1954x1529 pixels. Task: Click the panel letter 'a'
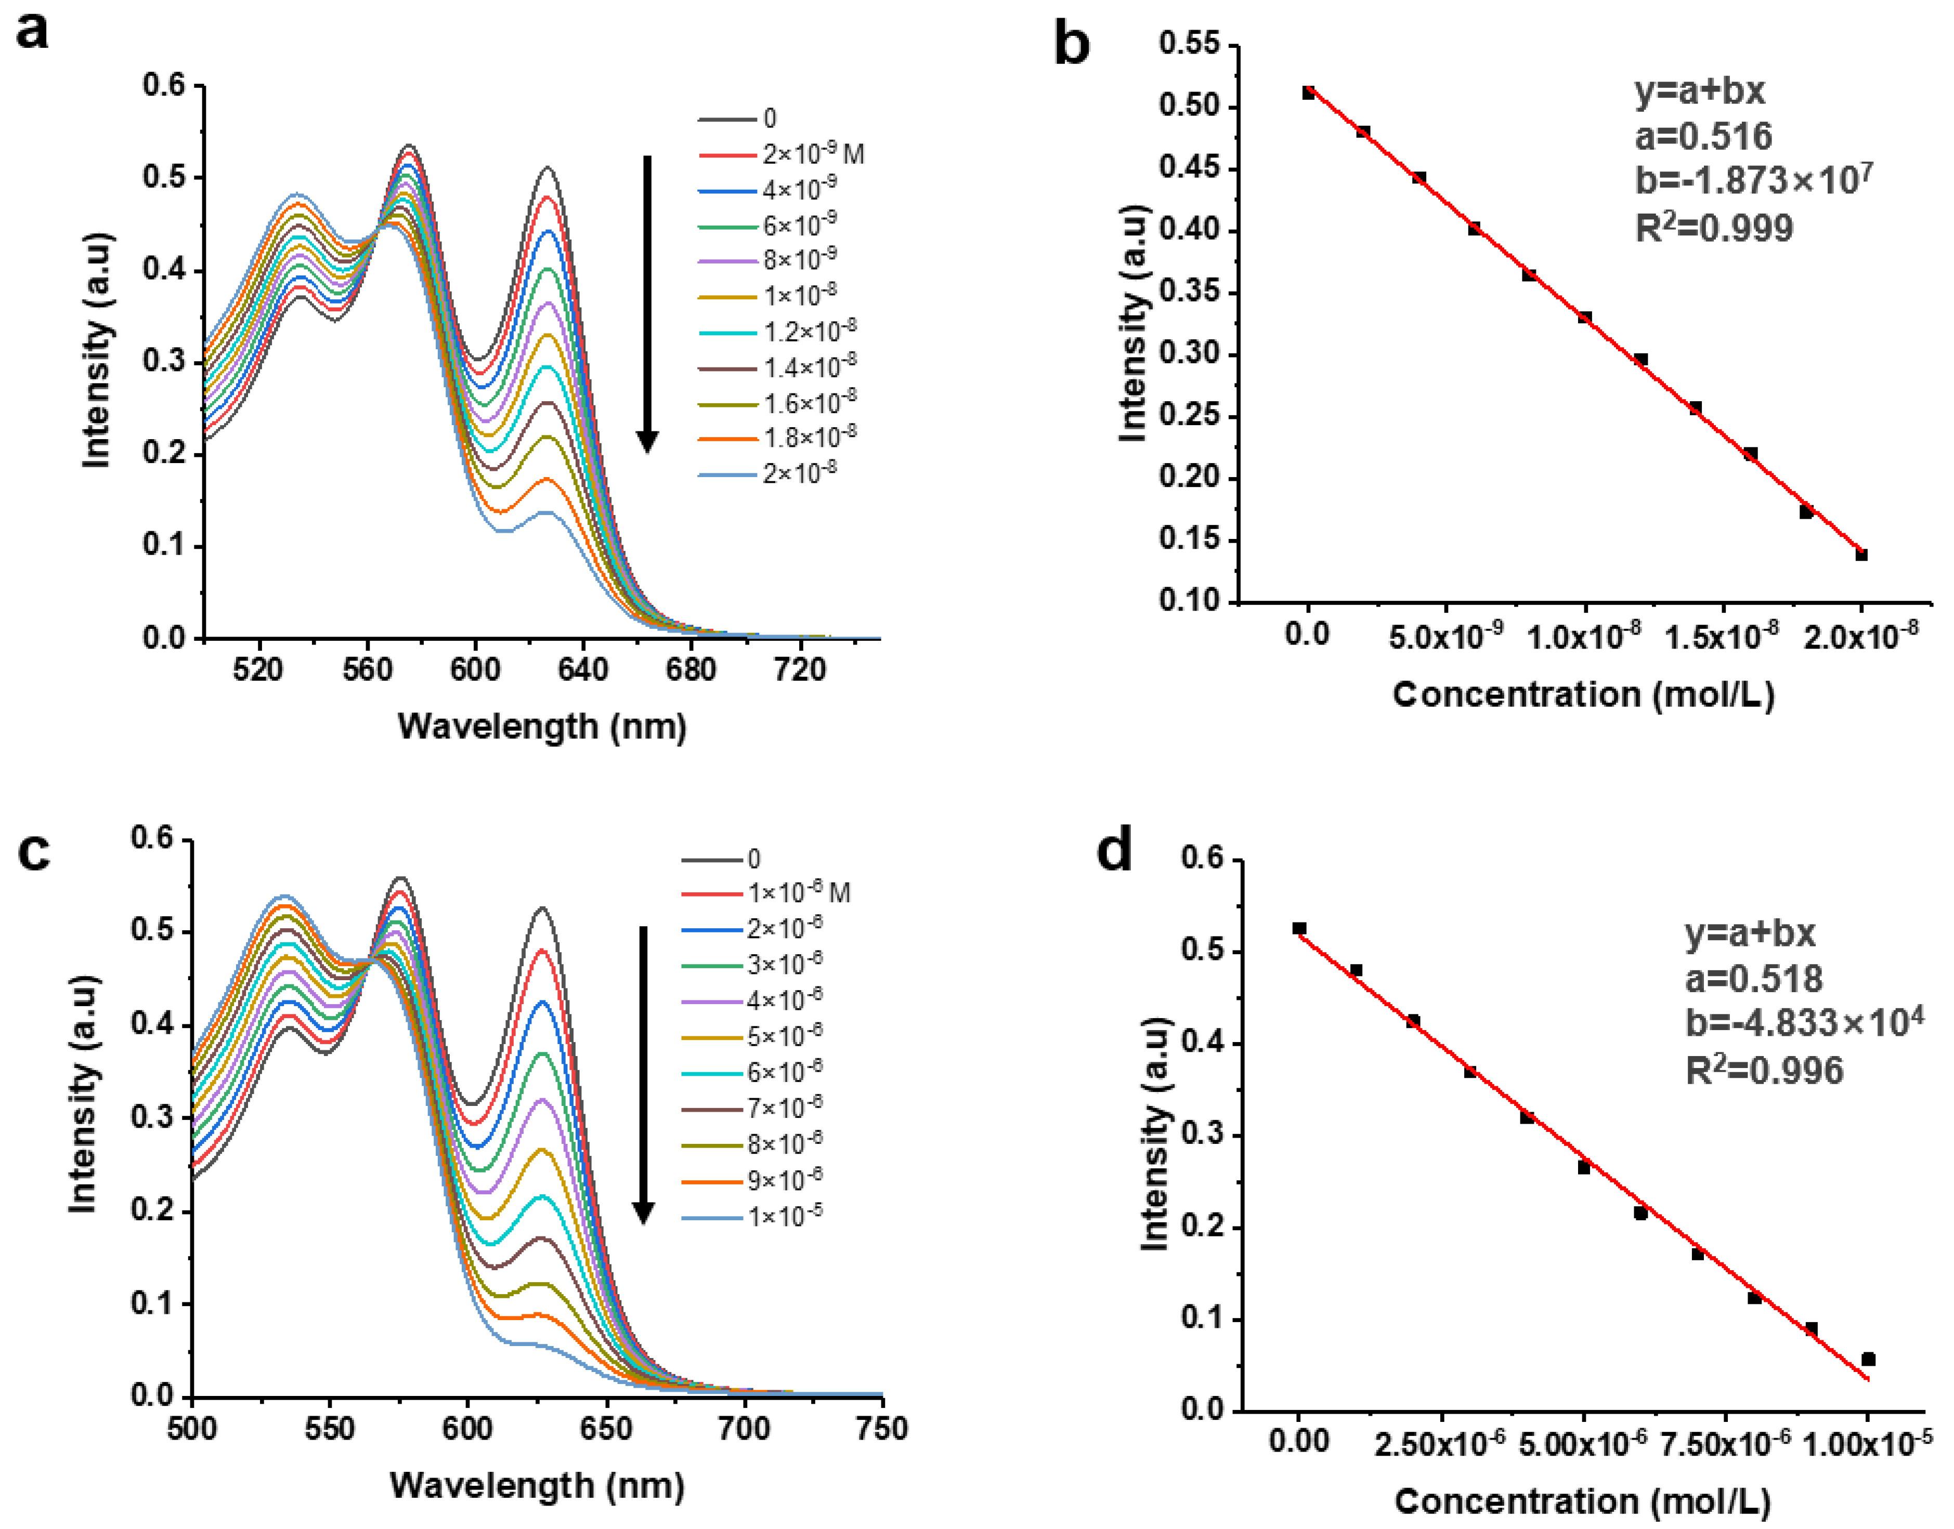[33, 34]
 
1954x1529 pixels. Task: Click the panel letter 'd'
[1114, 850]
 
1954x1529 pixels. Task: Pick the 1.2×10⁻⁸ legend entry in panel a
[809, 331]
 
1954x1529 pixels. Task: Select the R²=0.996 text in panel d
[1764, 1071]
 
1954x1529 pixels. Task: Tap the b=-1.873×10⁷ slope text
[1753, 180]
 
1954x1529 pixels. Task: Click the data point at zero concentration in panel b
[1308, 92]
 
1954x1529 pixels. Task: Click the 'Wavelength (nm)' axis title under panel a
[542, 726]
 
